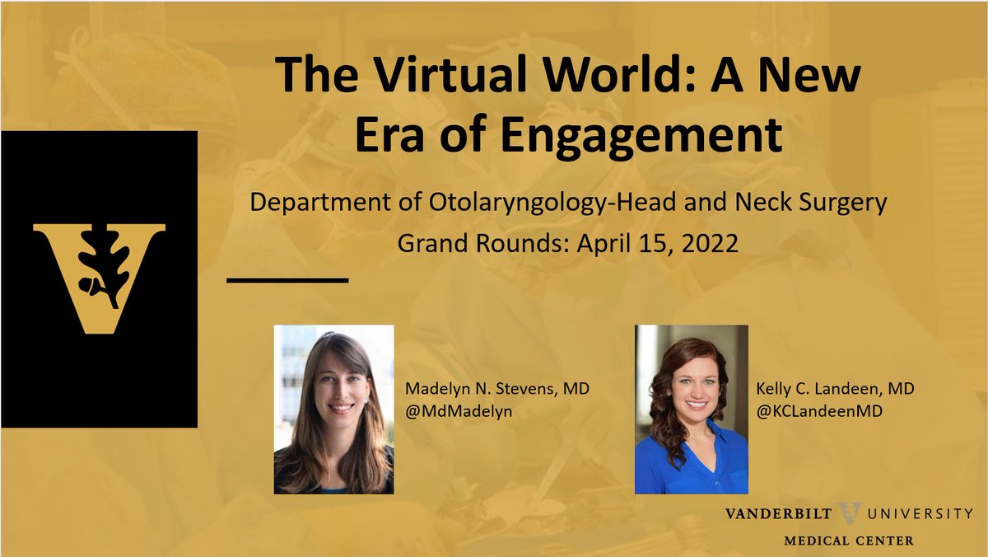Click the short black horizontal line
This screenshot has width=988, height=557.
pyautogui.click(x=287, y=280)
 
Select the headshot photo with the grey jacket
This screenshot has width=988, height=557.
pyautogui.click(x=333, y=410)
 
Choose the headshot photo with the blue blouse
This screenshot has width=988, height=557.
pyautogui.click(x=691, y=410)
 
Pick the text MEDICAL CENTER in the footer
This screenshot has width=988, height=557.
pyautogui.click(x=849, y=541)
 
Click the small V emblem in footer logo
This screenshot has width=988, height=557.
pyautogui.click(x=849, y=513)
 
